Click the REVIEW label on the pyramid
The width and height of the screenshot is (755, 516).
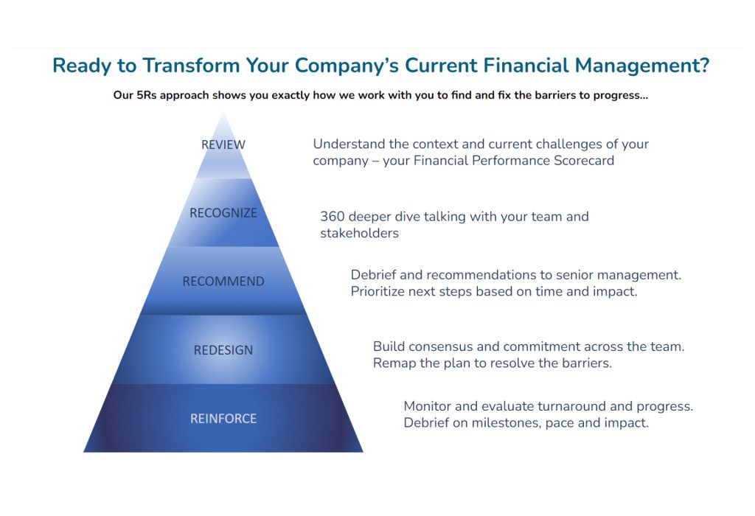point(223,144)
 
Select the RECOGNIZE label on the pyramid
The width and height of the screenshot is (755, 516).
point(223,213)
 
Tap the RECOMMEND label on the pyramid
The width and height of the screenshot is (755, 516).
point(223,281)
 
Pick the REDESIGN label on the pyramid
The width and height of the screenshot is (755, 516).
point(223,350)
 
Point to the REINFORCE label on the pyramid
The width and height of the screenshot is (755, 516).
point(223,418)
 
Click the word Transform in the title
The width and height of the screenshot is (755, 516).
point(191,66)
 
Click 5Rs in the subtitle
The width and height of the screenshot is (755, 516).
point(147,95)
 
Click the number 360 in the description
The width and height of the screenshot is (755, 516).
point(333,217)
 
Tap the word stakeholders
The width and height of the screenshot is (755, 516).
point(359,233)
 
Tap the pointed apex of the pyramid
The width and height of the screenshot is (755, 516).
point(223,112)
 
